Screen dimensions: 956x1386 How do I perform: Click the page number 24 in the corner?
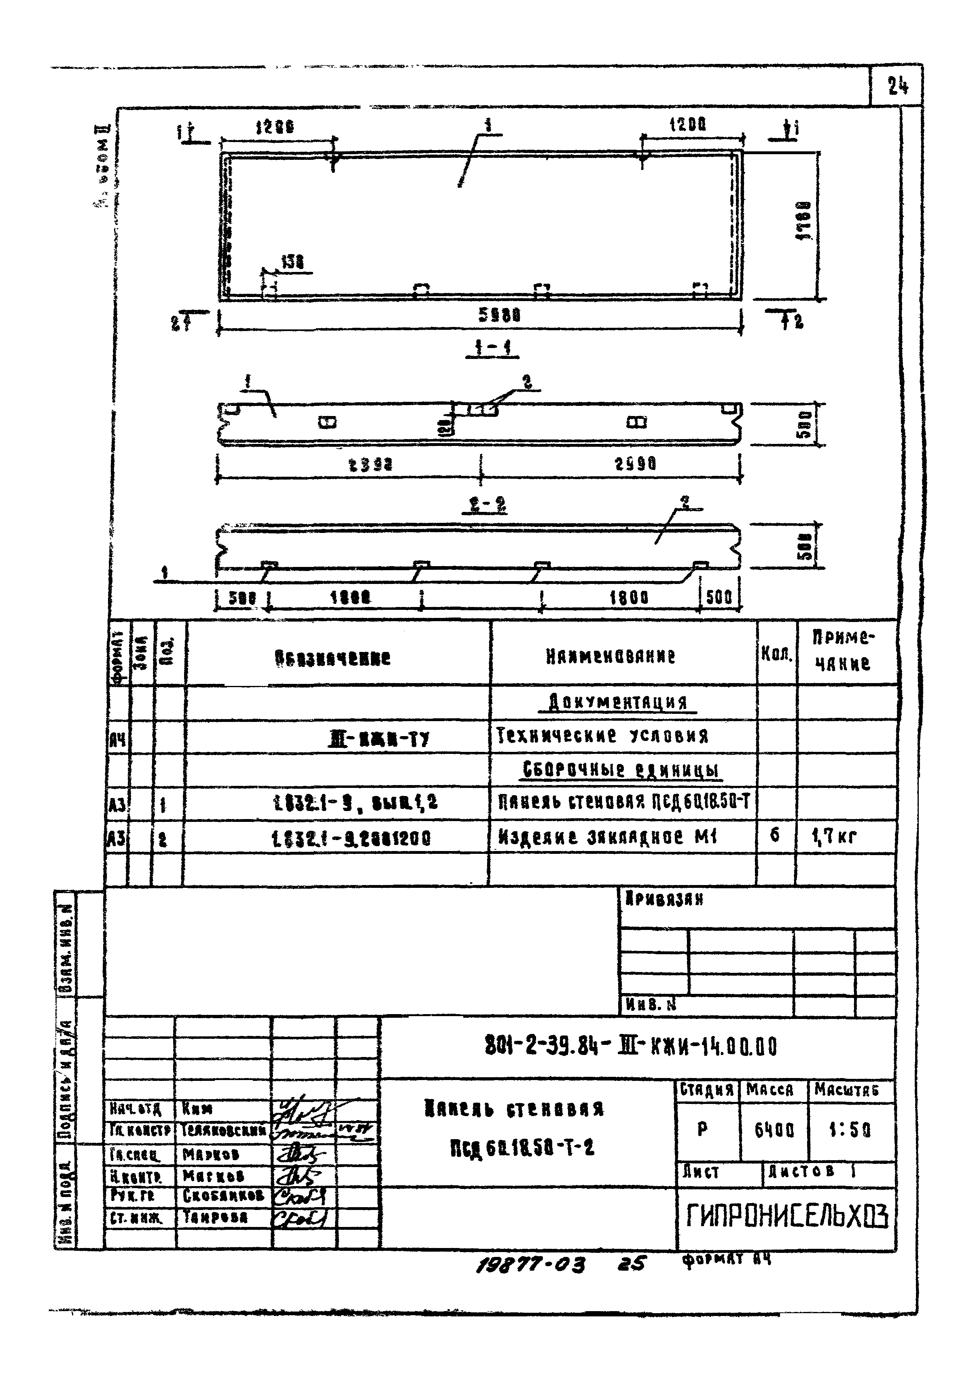[x=898, y=87]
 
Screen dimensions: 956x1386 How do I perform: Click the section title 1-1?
[x=492, y=348]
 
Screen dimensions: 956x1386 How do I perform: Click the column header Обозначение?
[x=333, y=659]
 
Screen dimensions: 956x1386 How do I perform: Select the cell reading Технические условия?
[x=602, y=736]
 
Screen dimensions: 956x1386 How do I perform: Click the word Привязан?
[x=663, y=915]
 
